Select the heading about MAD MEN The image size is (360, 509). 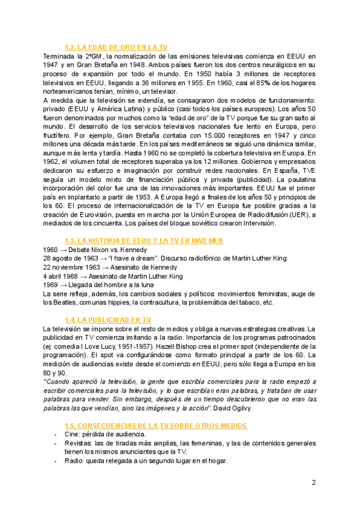point(143,241)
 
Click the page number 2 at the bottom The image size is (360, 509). point(313,483)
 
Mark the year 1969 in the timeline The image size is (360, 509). point(52,285)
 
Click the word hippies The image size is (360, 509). point(146,303)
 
